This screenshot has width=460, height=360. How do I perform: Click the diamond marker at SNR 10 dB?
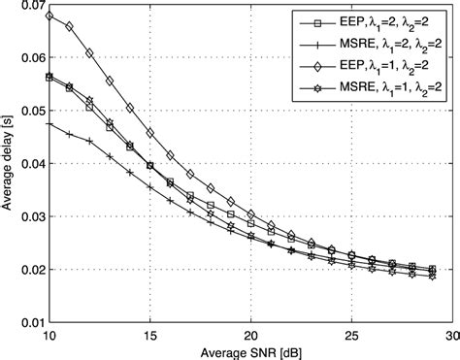pos(49,17)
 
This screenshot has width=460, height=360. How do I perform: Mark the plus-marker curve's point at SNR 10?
pos(49,124)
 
